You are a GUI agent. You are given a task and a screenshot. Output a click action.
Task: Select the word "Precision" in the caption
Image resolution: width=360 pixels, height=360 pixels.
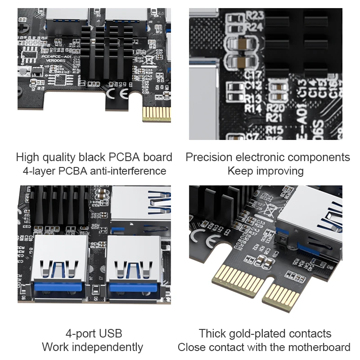click(209, 157)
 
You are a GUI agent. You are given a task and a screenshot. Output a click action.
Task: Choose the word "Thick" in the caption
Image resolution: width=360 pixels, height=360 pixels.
click(212, 333)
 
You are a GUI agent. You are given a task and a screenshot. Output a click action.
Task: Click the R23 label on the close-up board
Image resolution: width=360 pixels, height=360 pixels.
click(255, 16)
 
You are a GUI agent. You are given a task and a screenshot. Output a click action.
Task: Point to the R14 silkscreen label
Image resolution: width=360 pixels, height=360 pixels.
click(253, 108)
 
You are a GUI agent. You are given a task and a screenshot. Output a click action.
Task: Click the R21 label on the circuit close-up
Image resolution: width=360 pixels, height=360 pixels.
click(275, 117)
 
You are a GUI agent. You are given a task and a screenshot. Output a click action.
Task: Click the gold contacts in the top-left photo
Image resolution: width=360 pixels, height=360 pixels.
click(156, 114)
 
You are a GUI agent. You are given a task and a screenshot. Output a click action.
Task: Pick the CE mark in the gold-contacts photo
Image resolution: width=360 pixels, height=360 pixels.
click(202, 237)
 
